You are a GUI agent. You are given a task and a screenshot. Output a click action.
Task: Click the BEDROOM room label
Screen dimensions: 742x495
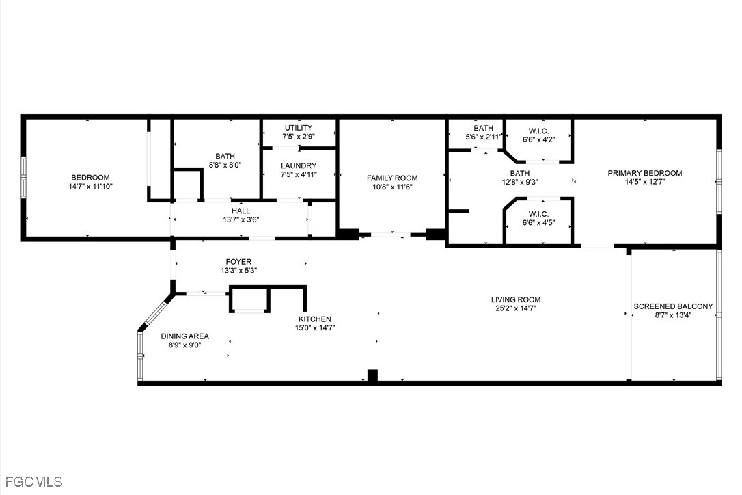90,178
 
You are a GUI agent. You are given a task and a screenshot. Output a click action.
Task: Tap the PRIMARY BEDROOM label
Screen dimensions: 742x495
645,173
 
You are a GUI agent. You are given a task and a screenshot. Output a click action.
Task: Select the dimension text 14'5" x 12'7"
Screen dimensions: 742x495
645,181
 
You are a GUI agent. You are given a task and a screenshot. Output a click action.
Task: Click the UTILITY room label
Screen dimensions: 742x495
299,128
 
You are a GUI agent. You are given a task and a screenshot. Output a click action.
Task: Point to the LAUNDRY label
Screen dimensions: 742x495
299,165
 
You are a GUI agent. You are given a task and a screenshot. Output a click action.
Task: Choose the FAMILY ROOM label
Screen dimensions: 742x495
392,178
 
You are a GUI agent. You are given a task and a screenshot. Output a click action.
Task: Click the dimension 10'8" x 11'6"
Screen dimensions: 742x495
392,187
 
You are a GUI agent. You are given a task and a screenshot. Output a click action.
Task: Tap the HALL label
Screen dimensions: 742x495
241,211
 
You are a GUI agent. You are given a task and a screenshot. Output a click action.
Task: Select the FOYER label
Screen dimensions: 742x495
238,261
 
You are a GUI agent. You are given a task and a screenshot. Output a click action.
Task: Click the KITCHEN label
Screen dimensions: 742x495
315,319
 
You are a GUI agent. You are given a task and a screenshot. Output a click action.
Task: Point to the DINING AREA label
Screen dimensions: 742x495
185,336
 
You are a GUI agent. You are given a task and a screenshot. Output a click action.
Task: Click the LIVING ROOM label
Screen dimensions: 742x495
516,299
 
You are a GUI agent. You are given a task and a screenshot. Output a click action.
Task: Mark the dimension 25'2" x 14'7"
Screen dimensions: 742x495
516,308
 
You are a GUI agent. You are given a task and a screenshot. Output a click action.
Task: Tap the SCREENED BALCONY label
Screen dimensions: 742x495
674,306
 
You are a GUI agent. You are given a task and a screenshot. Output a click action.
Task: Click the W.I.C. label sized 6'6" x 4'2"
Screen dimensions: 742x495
539,131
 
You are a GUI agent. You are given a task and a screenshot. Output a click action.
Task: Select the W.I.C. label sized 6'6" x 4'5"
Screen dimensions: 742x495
539,214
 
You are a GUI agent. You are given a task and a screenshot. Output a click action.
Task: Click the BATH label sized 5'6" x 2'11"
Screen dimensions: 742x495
483,128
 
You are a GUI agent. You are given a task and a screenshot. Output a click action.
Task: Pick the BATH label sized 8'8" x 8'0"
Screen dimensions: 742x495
225,157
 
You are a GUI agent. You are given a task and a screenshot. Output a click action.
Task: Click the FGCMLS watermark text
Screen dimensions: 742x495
31,482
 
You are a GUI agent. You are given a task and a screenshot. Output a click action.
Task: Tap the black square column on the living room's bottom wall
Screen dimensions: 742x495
373,375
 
